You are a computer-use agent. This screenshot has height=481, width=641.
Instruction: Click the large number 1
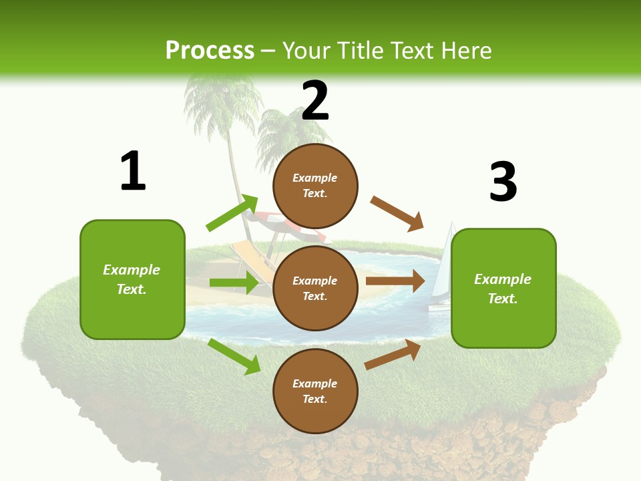click(x=133, y=171)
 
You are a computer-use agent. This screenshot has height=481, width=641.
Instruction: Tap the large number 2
click(x=315, y=101)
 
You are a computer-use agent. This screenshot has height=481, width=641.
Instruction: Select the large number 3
click(x=503, y=182)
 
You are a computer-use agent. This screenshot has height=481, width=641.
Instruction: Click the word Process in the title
click(x=210, y=50)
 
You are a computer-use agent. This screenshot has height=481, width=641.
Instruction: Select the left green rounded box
click(x=132, y=279)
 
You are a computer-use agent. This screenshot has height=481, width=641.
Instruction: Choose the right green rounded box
click(x=503, y=288)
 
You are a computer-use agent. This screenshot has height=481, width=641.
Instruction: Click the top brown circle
click(x=315, y=186)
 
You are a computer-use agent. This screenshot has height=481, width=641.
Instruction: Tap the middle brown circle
click(x=315, y=288)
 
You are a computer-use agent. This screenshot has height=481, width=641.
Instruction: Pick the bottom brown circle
click(x=315, y=391)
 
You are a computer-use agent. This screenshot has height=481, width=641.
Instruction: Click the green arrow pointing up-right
click(x=232, y=213)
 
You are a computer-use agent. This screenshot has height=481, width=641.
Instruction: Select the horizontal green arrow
click(x=234, y=283)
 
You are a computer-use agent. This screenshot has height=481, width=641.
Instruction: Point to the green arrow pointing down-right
click(x=234, y=356)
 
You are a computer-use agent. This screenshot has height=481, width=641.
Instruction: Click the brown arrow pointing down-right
click(x=397, y=214)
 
